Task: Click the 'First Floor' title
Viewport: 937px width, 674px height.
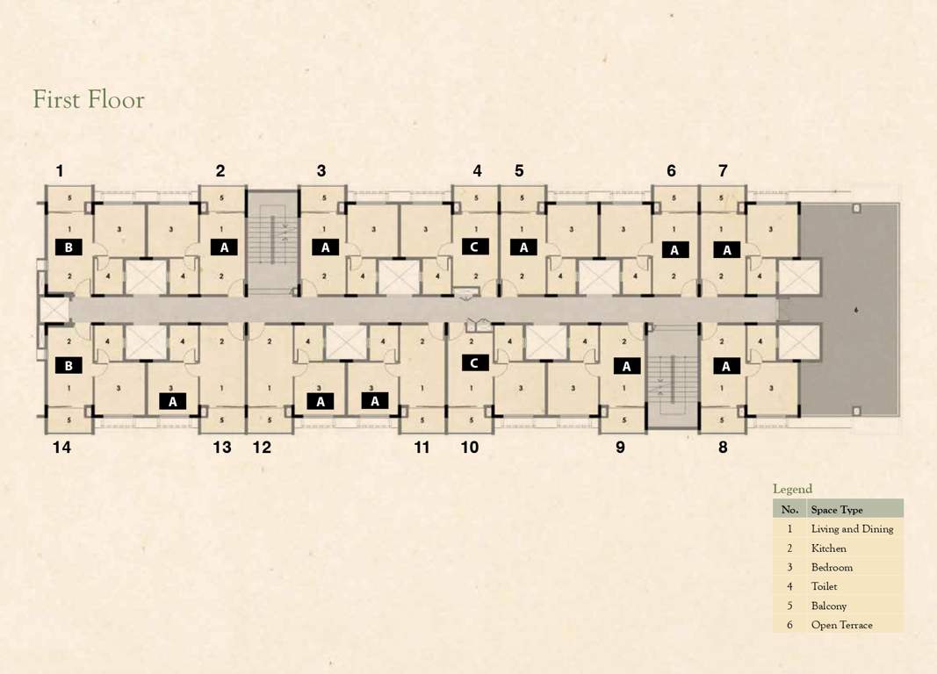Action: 89,99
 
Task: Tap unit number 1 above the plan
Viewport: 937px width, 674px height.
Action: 60,171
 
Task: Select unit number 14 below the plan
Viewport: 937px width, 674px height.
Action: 61,447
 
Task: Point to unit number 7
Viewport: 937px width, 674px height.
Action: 723,171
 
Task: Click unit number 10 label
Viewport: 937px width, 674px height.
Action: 470,447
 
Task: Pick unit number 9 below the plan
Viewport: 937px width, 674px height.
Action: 620,447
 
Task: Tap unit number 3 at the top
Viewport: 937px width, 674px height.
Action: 321,171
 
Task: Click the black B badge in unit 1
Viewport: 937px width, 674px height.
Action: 68,247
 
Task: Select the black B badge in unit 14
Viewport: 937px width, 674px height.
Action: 68,365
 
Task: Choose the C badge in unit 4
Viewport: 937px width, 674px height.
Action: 474,247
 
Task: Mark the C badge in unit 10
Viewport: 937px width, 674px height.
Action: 474,362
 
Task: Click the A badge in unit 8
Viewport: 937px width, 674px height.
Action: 727,366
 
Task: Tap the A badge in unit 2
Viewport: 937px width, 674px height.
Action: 224,247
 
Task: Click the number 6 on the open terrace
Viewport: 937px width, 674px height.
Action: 856,310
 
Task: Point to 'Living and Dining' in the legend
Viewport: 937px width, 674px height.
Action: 852,529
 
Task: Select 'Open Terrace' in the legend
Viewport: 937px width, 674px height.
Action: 841,625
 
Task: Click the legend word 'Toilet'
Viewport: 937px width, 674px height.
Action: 825,586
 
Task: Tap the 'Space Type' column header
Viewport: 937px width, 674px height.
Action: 837,510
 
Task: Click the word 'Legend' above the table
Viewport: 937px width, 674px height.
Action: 792,489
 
